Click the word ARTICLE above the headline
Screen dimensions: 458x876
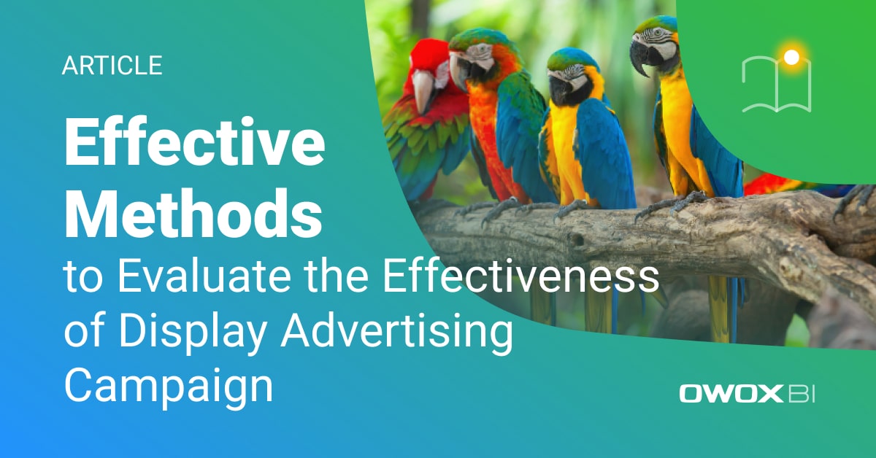pyautogui.click(x=112, y=66)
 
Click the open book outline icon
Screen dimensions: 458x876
pyautogui.click(x=776, y=85)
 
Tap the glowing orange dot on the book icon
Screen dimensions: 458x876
pyautogui.click(x=791, y=56)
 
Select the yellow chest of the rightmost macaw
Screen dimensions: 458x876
pyautogui.click(x=675, y=124)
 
